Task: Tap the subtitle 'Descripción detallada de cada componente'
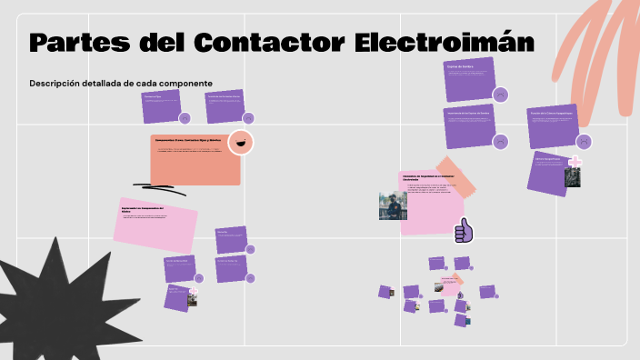[x=121, y=84]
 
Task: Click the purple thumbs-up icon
[x=464, y=231]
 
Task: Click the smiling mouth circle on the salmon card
[x=241, y=142]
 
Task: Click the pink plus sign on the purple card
[x=575, y=163]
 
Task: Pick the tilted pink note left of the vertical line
[x=155, y=225]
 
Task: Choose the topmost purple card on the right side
[x=469, y=79]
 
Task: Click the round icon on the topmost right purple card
[x=499, y=94]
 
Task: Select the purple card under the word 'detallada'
[x=161, y=105]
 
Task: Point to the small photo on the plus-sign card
[x=573, y=176]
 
